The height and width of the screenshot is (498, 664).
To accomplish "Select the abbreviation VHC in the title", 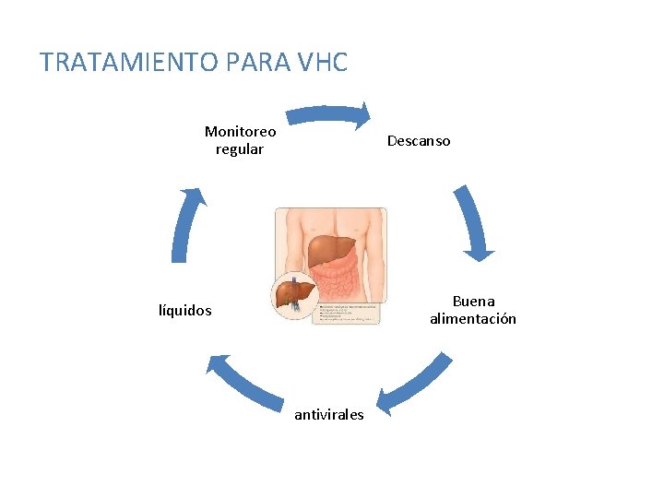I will click(323, 63).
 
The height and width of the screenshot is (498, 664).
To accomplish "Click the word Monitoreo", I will click(240, 132).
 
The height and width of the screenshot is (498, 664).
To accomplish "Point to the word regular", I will click(240, 149).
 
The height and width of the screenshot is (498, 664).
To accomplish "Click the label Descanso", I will click(419, 141).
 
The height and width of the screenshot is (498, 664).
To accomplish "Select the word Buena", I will click(473, 302).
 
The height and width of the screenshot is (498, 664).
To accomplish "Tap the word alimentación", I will click(473, 319).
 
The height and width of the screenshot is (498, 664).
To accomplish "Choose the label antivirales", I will click(329, 415).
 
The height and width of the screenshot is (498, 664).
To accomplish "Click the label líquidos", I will click(185, 311).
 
